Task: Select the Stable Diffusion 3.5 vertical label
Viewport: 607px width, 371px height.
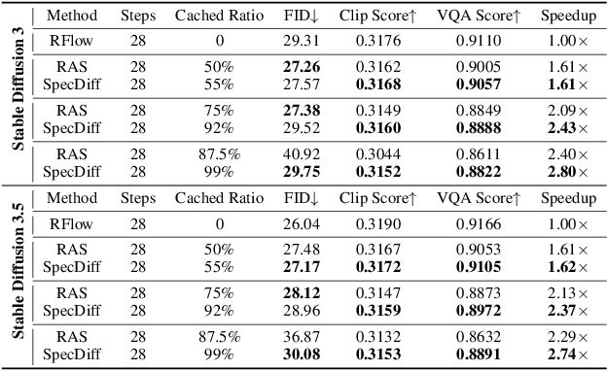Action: [x=18, y=277]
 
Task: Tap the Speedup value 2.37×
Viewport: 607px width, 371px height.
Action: [x=569, y=309]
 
